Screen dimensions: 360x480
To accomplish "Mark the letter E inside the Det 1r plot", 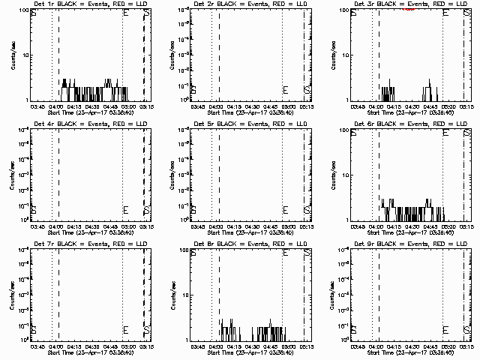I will (125, 14).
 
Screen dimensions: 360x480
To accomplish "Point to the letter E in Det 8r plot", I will (286, 254).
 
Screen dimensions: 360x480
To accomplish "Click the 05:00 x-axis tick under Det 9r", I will (445, 346).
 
